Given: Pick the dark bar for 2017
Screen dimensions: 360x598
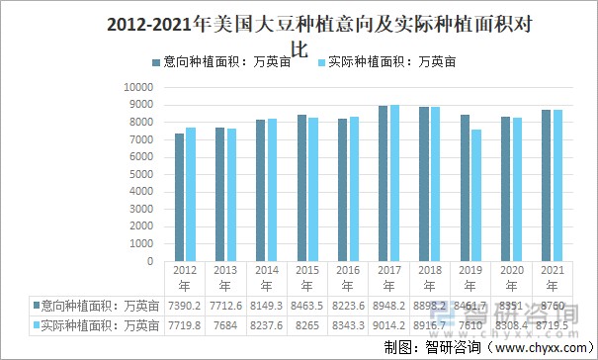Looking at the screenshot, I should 384,182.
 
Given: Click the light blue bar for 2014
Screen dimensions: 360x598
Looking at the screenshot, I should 272,188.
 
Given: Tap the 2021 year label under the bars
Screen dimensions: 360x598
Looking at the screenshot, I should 555,277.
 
